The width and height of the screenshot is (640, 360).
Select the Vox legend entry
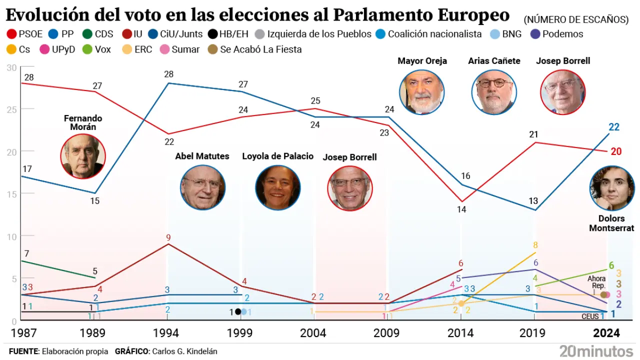[97, 49]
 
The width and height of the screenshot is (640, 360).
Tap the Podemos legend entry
[556, 34]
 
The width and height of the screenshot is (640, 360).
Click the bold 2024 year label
[606, 333]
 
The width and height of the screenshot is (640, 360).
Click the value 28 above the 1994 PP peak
[168, 74]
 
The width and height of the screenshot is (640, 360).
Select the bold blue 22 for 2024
[614, 127]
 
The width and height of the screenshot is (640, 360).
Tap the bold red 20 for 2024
[616, 152]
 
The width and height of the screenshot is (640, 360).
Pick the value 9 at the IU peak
[168, 237]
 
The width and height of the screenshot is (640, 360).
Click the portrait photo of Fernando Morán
[83, 156]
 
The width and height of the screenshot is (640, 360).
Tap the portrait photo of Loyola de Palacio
[277, 187]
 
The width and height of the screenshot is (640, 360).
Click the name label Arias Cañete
[494, 61]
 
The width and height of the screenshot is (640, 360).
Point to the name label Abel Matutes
[202, 156]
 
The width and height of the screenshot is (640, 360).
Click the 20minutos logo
[596, 350]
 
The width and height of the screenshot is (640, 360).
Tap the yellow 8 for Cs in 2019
[535, 245]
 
